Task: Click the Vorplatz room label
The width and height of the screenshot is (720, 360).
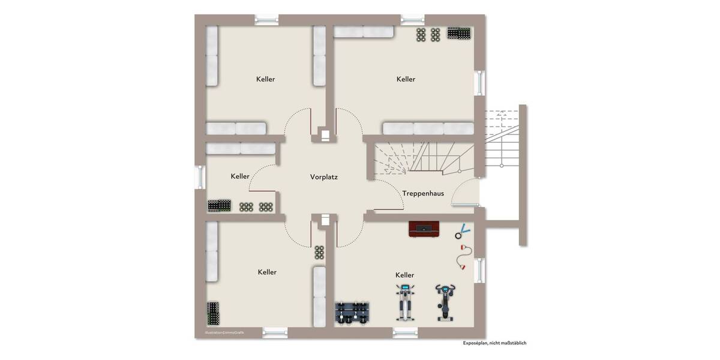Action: tap(323, 177)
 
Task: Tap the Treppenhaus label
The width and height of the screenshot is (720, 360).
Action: tap(423, 193)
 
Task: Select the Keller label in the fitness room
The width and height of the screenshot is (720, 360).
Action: tap(405, 275)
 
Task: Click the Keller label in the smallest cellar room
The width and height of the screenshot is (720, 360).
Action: tap(240, 176)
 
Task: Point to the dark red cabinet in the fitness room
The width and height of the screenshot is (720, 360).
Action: tap(424, 229)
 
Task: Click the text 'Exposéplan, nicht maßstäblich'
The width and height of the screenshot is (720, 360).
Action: tap(494, 343)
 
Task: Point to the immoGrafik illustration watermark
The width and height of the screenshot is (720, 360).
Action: tap(224, 332)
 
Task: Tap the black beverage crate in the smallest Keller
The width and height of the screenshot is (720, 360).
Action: tap(220, 205)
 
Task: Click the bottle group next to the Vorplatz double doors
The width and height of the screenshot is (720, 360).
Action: tap(320, 252)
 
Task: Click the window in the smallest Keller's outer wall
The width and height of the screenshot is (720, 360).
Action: tap(199, 177)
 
